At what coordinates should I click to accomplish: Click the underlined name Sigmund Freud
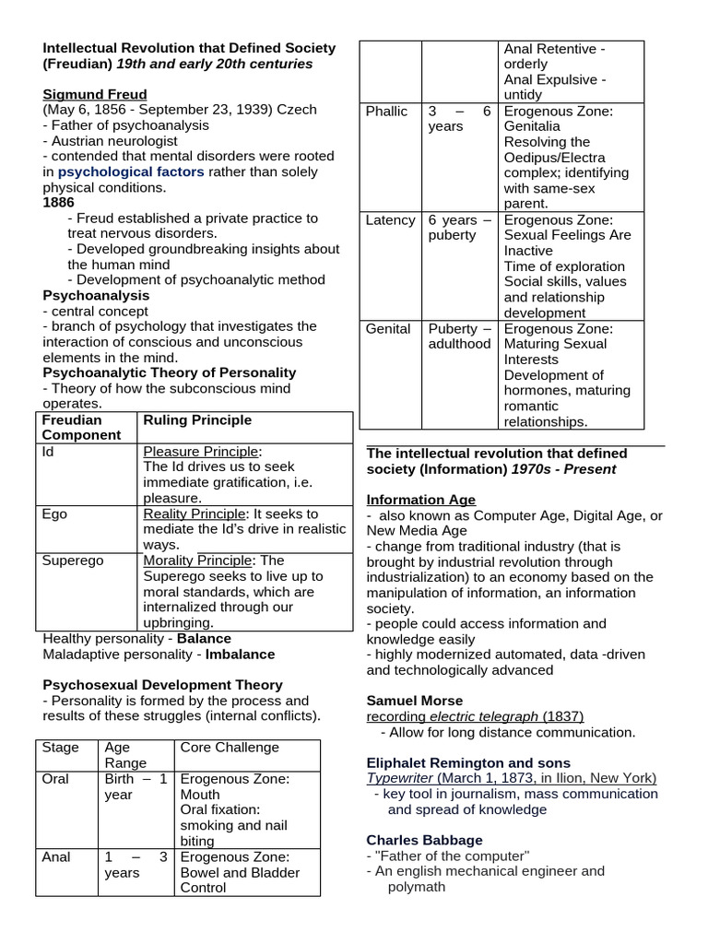[x=95, y=95]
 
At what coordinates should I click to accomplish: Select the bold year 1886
[x=59, y=203]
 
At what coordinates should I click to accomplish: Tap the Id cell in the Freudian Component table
[x=50, y=452]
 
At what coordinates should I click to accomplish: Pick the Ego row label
[x=56, y=513]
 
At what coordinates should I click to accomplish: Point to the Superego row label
[x=73, y=560]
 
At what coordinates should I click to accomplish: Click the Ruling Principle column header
[x=197, y=420]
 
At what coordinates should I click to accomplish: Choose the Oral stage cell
[x=56, y=779]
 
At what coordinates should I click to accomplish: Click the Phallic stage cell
[x=386, y=112]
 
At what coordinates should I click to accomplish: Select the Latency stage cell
[x=390, y=220]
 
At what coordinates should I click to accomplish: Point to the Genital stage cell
[x=388, y=329]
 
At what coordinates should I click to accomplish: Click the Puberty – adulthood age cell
[x=459, y=336]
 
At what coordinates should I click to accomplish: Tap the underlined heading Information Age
[x=421, y=501]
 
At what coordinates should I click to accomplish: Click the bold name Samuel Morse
[x=415, y=701]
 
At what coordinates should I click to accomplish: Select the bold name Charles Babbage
[x=424, y=841]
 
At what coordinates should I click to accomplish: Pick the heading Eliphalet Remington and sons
[x=468, y=763]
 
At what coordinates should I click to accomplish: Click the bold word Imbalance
[x=240, y=655]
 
